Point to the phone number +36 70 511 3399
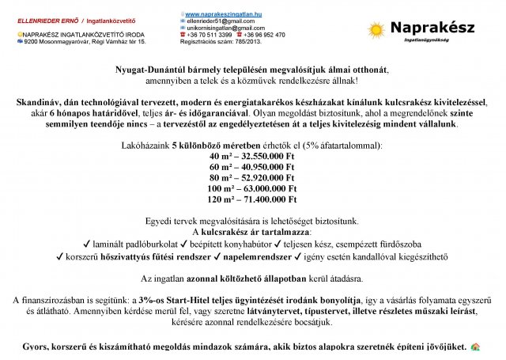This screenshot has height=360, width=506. [x=210, y=35]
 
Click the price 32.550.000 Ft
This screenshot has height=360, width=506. [x=265, y=157]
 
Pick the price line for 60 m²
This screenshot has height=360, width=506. [x=252, y=168]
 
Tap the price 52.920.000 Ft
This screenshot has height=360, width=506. [x=265, y=178]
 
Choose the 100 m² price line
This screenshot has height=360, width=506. [x=252, y=189]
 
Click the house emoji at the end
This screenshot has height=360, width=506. [x=475, y=347]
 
